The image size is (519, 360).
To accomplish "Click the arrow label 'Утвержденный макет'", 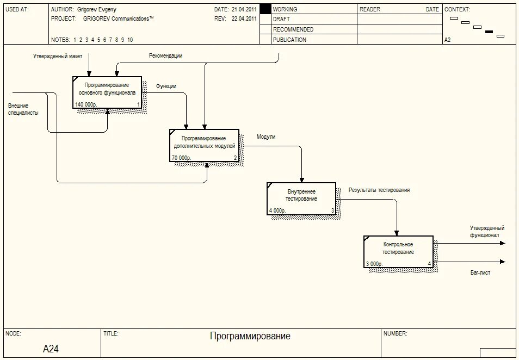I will click(x=57, y=57).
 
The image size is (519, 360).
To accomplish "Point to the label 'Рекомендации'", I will click(x=166, y=55).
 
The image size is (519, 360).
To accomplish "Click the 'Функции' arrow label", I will click(x=166, y=86).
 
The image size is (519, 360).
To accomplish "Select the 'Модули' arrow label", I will click(x=266, y=137).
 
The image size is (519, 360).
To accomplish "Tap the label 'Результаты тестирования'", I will click(x=379, y=190).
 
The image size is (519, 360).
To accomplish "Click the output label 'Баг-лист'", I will click(x=480, y=272).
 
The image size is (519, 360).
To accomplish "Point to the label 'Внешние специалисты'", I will click(x=23, y=109).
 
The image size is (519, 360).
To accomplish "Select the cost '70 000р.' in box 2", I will click(x=181, y=158).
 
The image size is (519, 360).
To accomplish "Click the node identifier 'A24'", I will click(x=51, y=349).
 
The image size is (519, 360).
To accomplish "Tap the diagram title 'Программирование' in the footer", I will click(x=250, y=336).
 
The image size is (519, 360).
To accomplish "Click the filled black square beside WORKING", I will click(x=265, y=9).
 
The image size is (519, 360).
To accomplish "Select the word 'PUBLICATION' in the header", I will click(x=289, y=40).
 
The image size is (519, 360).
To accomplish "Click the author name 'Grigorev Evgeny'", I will click(x=97, y=9).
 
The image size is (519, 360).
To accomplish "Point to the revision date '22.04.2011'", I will click(x=244, y=18).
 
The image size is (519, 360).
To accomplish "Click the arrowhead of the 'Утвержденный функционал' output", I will click(x=503, y=243).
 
